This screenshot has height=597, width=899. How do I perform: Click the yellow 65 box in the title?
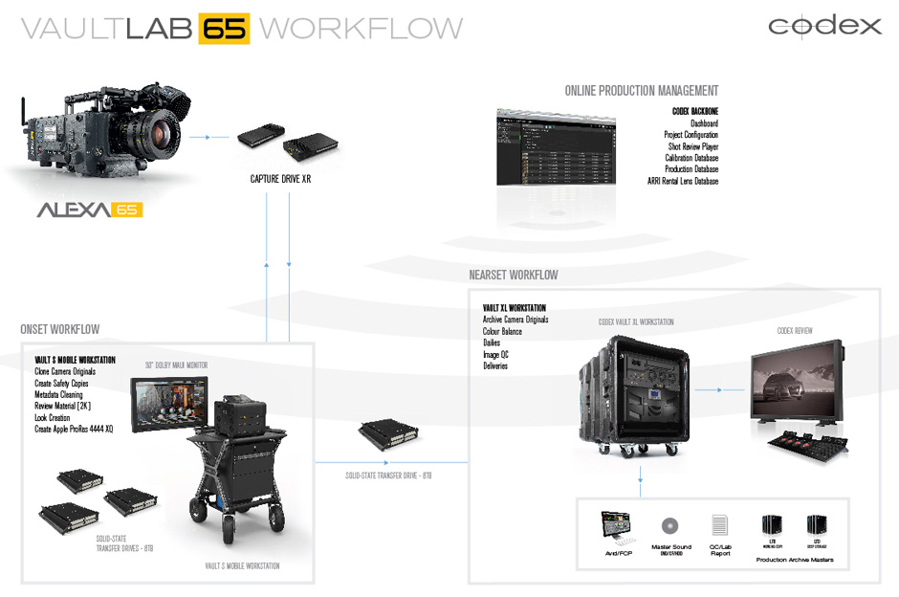pyautogui.click(x=224, y=28)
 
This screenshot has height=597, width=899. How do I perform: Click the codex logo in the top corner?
pyautogui.click(x=824, y=26)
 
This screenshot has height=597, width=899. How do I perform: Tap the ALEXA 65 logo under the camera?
pyautogui.click(x=89, y=209)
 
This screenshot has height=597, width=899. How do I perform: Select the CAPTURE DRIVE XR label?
pyautogui.click(x=281, y=178)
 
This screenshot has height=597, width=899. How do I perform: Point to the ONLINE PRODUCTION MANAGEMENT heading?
pyautogui.click(x=641, y=91)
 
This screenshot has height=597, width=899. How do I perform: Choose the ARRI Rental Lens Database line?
pyautogui.click(x=682, y=181)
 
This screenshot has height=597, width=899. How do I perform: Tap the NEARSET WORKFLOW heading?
pyautogui.click(x=514, y=275)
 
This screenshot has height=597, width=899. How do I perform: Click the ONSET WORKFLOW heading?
pyautogui.click(x=59, y=329)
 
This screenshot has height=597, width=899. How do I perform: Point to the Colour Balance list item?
pyautogui.click(x=502, y=331)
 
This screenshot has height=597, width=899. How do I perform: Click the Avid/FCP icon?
pyautogui.click(x=616, y=526)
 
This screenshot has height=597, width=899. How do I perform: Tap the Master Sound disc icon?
pyautogui.click(x=669, y=525)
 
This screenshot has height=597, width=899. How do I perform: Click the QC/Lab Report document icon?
pyautogui.click(x=719, y=524)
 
